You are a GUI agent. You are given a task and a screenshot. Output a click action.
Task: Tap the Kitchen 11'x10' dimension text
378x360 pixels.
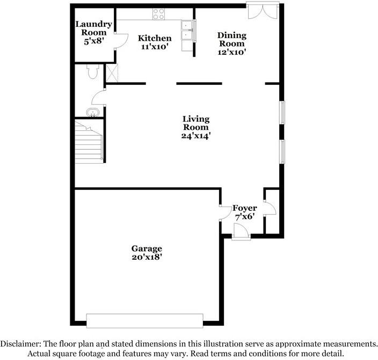tap(155, 47)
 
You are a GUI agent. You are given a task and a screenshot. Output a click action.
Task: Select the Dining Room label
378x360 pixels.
tap(232, 39)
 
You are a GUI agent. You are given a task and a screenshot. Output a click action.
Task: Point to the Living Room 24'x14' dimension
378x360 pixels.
tap(195, 136)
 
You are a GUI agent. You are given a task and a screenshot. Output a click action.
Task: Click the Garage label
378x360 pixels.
tap(147, 248)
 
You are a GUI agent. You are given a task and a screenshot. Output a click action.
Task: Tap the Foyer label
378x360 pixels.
tap(244, 208)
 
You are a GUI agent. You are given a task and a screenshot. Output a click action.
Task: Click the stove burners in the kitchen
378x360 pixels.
tap(158, 13)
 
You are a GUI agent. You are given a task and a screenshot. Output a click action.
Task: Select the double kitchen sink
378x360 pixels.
tap(187, 31)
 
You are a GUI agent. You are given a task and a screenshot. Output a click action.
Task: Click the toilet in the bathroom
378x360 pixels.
tap(92, 72)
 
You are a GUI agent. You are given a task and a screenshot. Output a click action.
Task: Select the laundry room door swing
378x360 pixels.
tap(121, 42)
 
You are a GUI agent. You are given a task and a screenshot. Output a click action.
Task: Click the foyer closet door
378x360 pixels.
tap(271, 208)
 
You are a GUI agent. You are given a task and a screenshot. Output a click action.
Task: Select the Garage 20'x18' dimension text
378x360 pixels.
tap(147, 257)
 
